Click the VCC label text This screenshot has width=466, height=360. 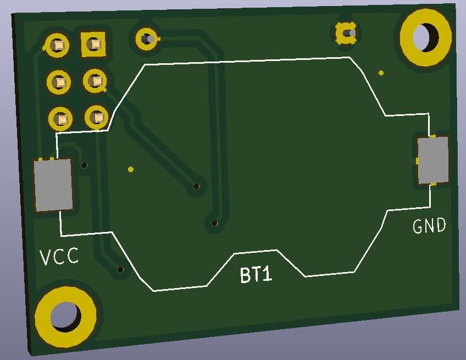pyautogui.click(x=59, y=256)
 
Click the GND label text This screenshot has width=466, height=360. pyautogui.click(x=429, y=226)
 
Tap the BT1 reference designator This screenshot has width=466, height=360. pyautogui.click(x=256, y=274)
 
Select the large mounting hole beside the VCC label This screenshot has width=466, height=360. pyautogui.click(x=65, y=316)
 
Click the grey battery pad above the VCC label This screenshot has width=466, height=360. pyautogui.click(x=53, y=185)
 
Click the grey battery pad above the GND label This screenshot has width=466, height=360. pyautogui.click(x=433, y=160)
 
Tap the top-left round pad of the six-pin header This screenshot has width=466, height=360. pyautogui.click(x=58, y=46)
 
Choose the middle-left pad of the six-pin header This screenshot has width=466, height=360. pyautogui.click(x=59, y=82)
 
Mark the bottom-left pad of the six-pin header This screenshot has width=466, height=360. pyautogui.click(x=60, y=118)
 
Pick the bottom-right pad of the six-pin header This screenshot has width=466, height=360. pyautogui.click(x=97, y=117)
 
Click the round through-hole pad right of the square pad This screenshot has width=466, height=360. pyautogui.click(x=146, y=39)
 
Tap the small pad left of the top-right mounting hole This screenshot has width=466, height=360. pyautogui.click(x=346, y=34)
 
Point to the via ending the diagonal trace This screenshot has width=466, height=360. pyautogui.click(x=196, y=187)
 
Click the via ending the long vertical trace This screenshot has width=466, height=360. pyautogui.click(x=215, y=223)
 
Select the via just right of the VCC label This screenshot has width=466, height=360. pyautogui.click(x=121, y=269)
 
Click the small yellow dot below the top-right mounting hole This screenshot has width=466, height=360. pyautogui.click(x=381, y=73)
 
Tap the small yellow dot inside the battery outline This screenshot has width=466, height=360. pyautogui.click(x=130, y=169)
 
